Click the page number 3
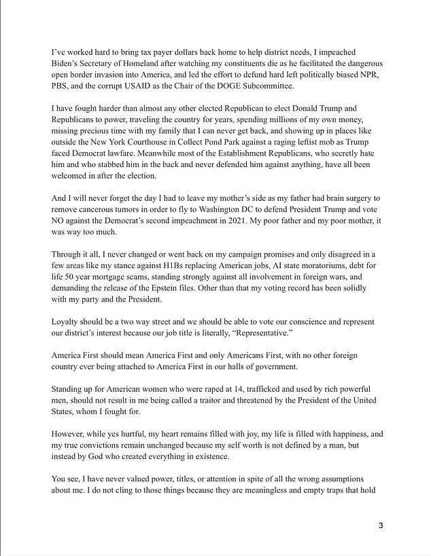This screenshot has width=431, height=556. pyautogui.click(x=381, y=525)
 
